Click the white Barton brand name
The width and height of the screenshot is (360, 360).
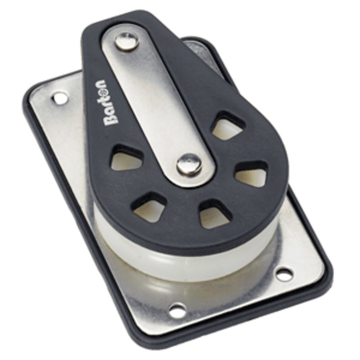point(105,103)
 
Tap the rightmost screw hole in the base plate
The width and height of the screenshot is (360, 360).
point(284,275)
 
